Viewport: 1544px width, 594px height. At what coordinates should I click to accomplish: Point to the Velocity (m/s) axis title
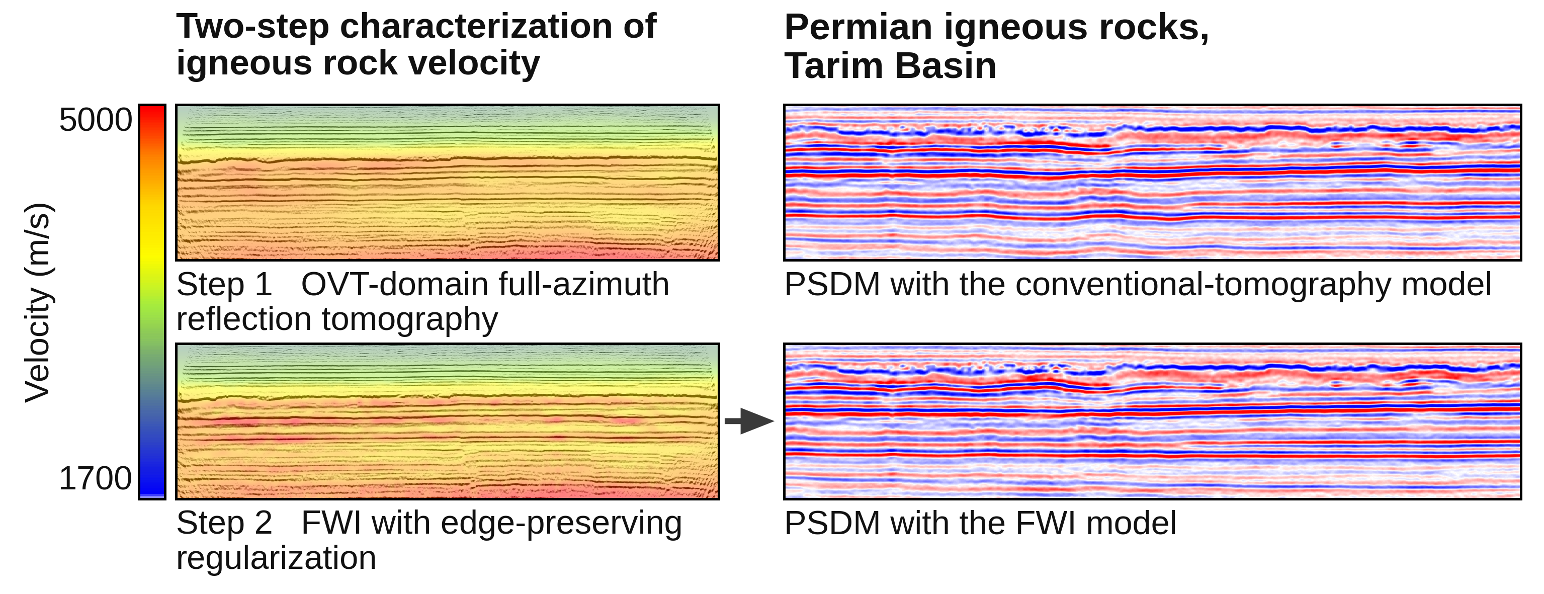[38, 302]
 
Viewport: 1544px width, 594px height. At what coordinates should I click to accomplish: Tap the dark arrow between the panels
[749, 421]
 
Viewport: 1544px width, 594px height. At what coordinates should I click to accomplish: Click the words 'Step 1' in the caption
[224, 284]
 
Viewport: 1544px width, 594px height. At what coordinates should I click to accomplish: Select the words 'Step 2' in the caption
[224, 523]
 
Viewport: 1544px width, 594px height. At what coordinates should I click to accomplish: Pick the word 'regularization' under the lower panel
[276, 558]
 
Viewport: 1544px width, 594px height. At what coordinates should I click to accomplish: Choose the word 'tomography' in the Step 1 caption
[410, 319]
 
